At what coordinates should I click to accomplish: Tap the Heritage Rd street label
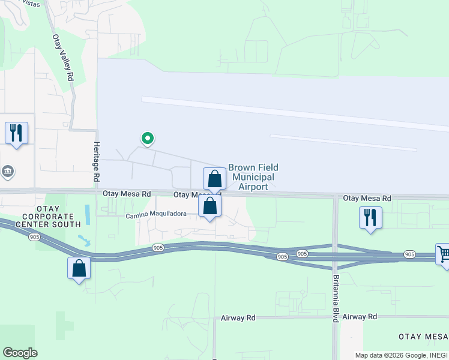coord(95,162)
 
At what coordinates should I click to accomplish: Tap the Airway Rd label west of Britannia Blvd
coord(238,317)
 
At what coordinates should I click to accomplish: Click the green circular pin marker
coord(147,139)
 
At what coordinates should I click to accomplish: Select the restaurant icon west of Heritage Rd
coord(16,132)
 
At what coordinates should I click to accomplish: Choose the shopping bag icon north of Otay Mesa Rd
coord(214,178)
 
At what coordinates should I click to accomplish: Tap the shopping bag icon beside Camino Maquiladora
coord(210,206)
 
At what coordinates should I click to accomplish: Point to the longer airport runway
coord(294,113)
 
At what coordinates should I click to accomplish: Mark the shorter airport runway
coord(343,142)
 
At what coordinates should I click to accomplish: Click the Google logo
coord(20,353)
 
